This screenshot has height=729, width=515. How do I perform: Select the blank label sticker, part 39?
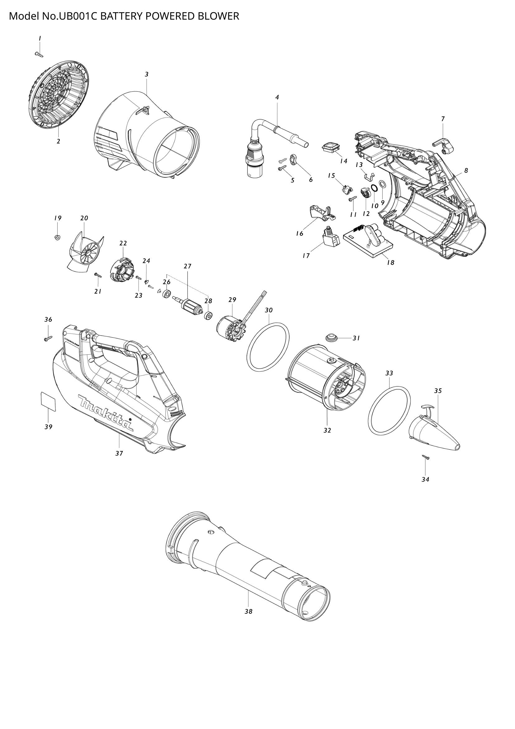(x=49, y=402)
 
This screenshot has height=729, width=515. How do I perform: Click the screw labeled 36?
(x=48, y=339)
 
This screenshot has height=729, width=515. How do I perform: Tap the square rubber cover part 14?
(x=330, y=148)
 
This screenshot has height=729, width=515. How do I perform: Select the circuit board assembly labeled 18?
(x=370, y=243)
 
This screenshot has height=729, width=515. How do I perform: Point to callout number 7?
(x=443, y=119)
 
